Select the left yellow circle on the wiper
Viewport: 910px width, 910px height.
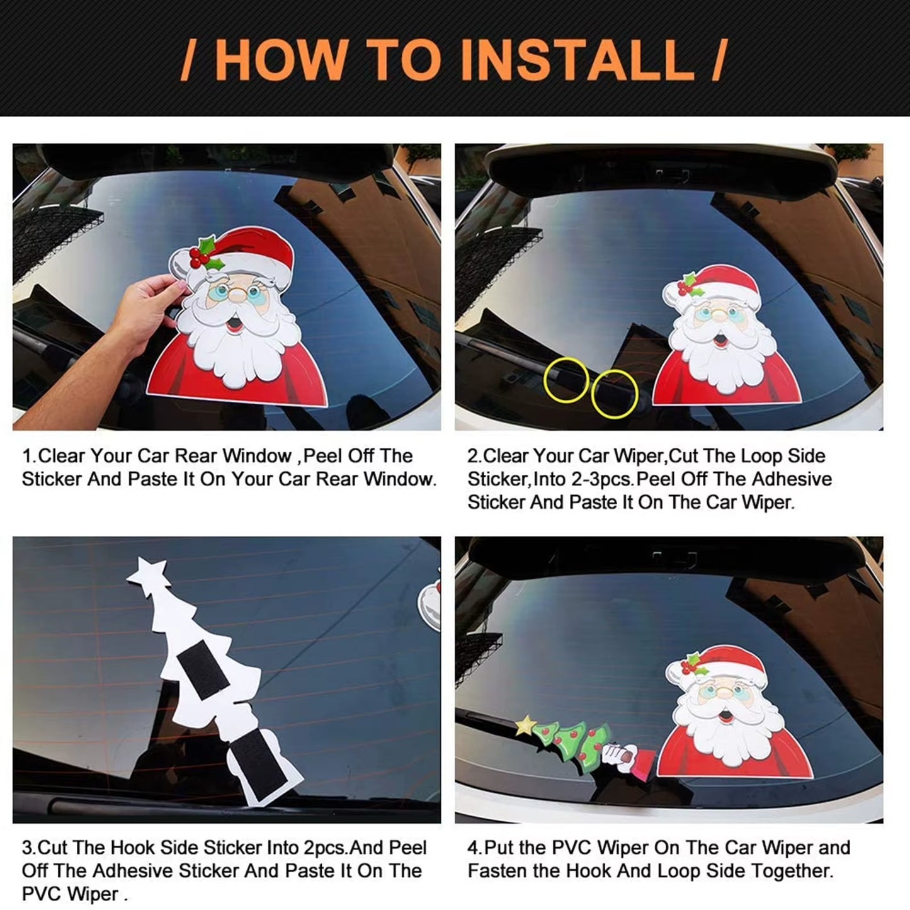[x=566, y=380]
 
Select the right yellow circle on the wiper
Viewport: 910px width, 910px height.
[x=615, y=394]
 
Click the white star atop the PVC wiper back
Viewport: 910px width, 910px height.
[x=149, y=574]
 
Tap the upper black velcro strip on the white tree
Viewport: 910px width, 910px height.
[x=203, y=674]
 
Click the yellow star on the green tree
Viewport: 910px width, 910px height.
[x=525, y=726]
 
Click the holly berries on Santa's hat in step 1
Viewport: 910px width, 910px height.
[x=200, y=256]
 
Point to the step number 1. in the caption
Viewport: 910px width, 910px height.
[x=29, y=456]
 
